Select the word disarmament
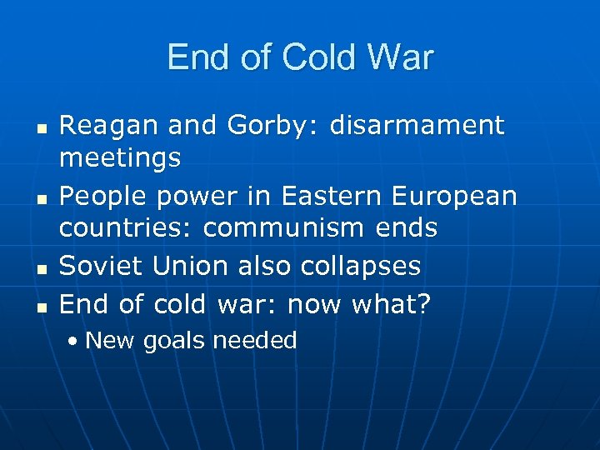click(x=417, y=127)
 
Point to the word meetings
click(x=120, y=158)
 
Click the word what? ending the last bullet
click(x=392, y=304)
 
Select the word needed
click(x=255, y=340)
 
